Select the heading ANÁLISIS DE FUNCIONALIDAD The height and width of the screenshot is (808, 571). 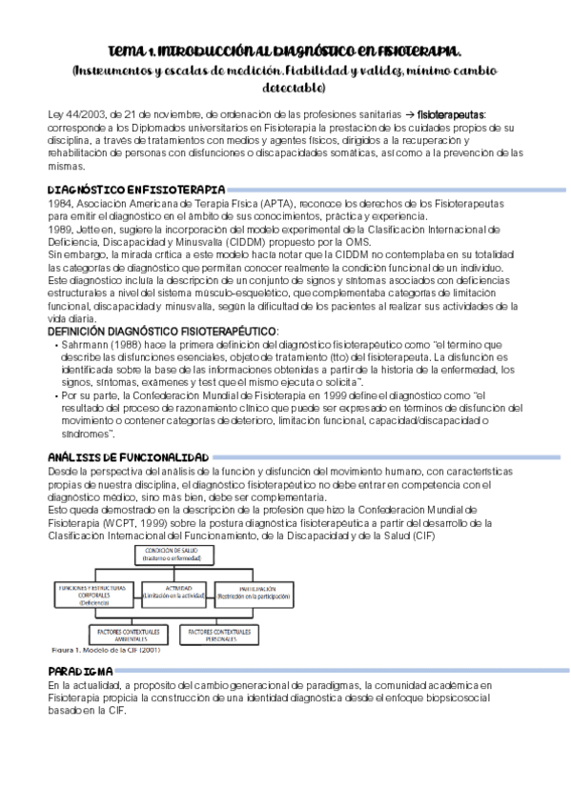point(129,458)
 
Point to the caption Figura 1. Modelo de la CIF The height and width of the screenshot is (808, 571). point(105,652)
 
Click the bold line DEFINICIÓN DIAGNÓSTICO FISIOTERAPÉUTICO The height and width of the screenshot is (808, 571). point(163,330)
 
